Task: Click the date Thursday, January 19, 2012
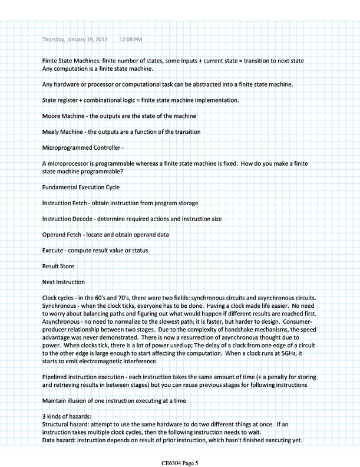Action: click(75, 40)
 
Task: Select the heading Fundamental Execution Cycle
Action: click(81, 187)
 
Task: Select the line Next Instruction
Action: click(64, 282)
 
